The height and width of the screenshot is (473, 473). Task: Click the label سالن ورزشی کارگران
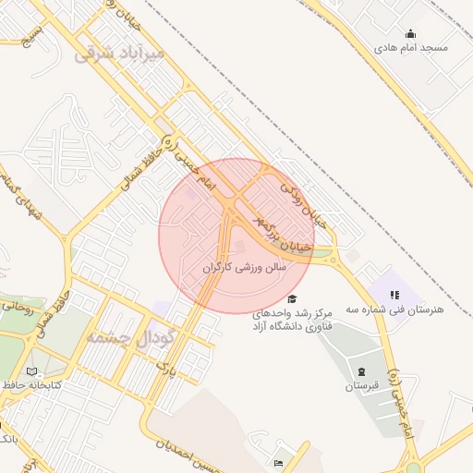coord(245,267)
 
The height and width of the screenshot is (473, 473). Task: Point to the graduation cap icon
coord(292,298)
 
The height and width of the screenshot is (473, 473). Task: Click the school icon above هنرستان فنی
coord(394,295)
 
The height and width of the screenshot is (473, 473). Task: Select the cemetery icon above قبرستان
coord(361,371)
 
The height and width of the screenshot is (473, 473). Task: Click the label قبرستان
coord(361,385)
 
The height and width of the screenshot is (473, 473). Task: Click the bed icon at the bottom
coord(278,462)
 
